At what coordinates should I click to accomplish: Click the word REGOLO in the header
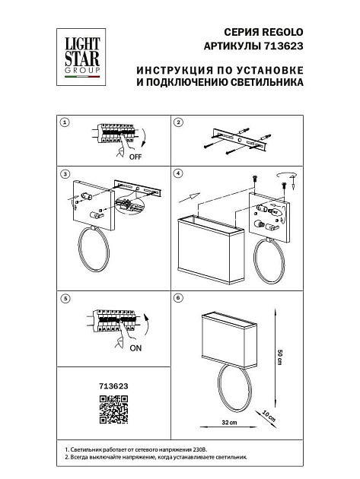[283, 32]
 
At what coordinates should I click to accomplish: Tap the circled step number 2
[178, 122]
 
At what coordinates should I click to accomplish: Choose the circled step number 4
[178, 174]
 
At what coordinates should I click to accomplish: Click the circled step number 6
[178, 299]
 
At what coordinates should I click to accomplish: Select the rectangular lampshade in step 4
[211, 247]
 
